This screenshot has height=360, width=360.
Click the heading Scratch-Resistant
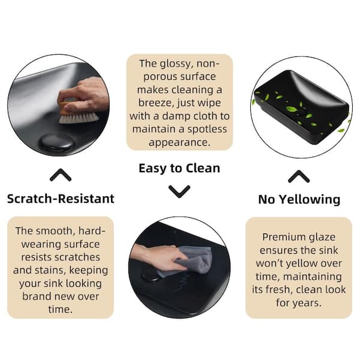61,199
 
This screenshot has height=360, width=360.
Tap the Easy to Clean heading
179,168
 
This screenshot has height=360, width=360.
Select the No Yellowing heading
299,200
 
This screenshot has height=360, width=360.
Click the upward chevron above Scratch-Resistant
61,175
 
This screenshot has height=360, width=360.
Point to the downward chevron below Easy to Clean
179,191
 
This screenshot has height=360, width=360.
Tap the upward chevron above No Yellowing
299,176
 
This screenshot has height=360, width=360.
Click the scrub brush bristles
79,118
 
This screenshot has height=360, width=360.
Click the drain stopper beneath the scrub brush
57,142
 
